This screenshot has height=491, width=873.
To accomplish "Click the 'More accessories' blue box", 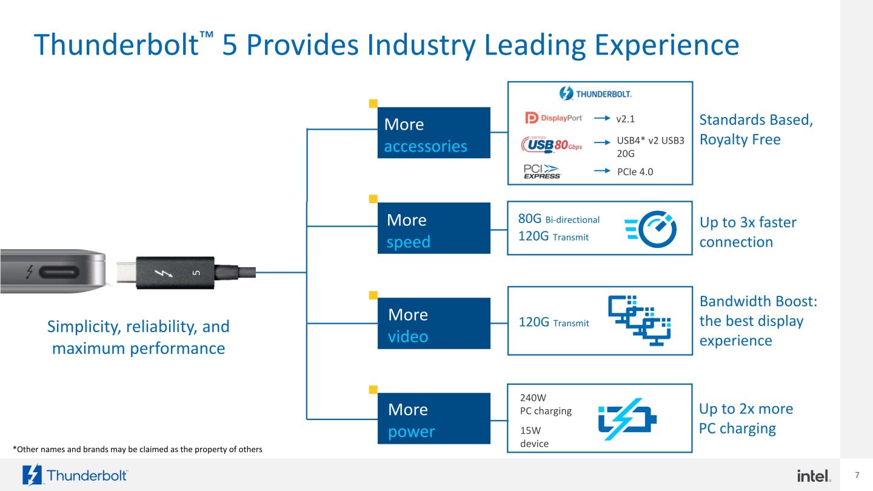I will pyautogui.click(x=433, y=133).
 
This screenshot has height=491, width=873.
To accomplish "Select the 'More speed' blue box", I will pyautogui.click(x=433, y=228).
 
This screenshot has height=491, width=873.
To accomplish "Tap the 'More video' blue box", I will pyautogui.click(x=433, y=323).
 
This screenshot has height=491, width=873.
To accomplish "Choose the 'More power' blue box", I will pyautogui.click(x=433, y=418).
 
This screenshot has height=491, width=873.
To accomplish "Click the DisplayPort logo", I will pyautogui.click(x=554, y=118).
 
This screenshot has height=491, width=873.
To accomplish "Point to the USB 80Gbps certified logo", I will pyautogui.click(x=552, y=145).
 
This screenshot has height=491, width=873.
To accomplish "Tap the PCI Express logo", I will pyautogui.click(x=543, y=172).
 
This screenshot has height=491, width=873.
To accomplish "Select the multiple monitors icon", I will pyautogui.click(x=640, y=319).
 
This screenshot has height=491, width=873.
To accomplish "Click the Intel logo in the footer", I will pyautogui.click(x=814, y=476).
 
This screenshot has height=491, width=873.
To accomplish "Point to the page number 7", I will pyautogui.click(x=857, y=474).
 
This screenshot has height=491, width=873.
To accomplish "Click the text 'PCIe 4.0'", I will pyautogui.click(x=635, y=172).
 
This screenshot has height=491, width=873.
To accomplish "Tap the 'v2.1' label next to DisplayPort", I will pyautogui.click(x=625, y=118).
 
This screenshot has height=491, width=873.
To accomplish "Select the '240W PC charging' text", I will pyautogui.click(x=546, y=404).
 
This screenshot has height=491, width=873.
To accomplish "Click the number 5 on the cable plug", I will pyautogui.click(x=196, y=273).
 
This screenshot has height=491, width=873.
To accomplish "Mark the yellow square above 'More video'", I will pyautogui.click(x=373, y=295).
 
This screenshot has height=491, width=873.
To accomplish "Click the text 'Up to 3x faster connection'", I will pyautogui.click(x=748, y=232).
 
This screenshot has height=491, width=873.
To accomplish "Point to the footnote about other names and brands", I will pyautogui.click(x=138, y=449).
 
